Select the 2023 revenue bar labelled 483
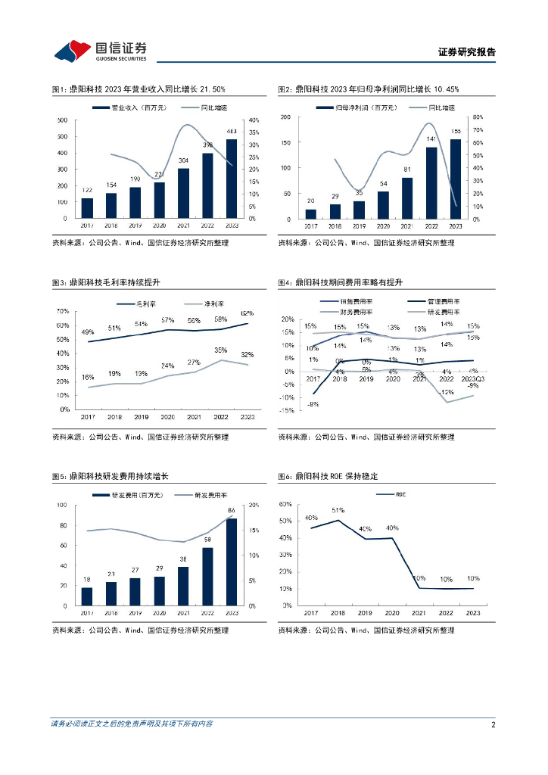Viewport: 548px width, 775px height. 232,179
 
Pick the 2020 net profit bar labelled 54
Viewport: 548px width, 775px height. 384,205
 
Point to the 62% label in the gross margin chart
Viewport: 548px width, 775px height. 248,313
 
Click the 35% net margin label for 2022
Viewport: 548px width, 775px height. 221,350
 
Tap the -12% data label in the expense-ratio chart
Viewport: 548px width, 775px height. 447,392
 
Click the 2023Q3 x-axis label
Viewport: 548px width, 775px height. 473,378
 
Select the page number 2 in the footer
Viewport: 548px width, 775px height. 493,724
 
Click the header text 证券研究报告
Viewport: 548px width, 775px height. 467,52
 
